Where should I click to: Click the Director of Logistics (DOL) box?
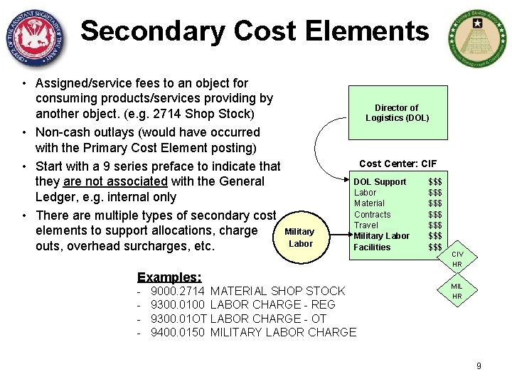(398, 112)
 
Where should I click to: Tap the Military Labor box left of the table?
(299, 238)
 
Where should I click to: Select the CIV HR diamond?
(457, 259)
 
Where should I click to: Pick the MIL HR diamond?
(457, 291)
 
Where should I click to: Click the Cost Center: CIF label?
(398, 164)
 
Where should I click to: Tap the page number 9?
(479, 366)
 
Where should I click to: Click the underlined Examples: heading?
(169, 277)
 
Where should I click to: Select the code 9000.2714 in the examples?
(178, 291)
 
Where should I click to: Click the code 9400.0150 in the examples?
(178, 332)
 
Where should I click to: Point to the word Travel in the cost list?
(366, 225)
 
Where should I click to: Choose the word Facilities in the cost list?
(372, 247)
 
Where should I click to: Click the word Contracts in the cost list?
(372, 214)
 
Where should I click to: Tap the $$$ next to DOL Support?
(435, 182)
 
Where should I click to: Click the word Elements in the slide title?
(365, 31)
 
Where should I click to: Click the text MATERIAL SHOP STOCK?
(278, 291)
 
